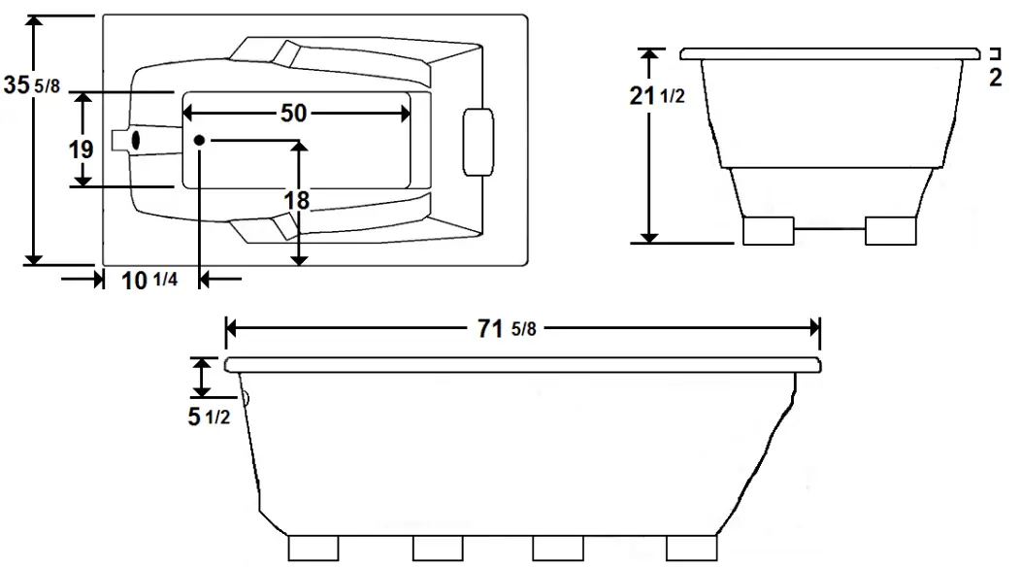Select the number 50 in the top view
293,113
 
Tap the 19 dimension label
82,150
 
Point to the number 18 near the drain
298,200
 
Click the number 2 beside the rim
995,79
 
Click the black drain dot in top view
199,140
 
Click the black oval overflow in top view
136,140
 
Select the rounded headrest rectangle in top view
478,143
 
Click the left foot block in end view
768,230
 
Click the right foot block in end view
890,230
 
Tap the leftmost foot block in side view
313,548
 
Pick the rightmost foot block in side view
690,548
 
